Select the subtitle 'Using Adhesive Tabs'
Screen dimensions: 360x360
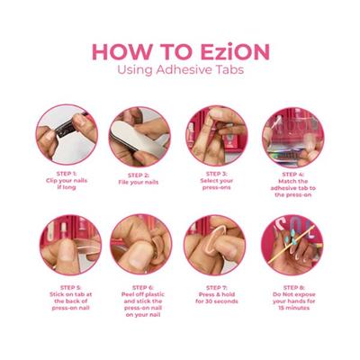pos(180,70)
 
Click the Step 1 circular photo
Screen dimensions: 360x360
pos(67,134)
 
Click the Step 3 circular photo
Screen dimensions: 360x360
pos(217,135)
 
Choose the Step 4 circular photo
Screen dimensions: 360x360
pos(292,137)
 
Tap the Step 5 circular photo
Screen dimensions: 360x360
pos(70,245)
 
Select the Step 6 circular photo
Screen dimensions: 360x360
pos(141,244)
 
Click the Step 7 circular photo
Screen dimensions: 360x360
pos(215,245)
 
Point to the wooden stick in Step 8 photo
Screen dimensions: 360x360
pos(291,245)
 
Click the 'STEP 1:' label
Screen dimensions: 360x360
pos(67,174)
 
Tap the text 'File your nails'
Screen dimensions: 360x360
pos(139,182)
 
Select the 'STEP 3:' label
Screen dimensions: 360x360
pos(217,174)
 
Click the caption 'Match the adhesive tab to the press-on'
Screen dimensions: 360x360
pos(293,188)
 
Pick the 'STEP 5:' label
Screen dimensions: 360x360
pos(70,288)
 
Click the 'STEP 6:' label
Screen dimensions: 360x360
pos(143,288)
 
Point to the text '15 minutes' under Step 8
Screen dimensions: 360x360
pos(293,308)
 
